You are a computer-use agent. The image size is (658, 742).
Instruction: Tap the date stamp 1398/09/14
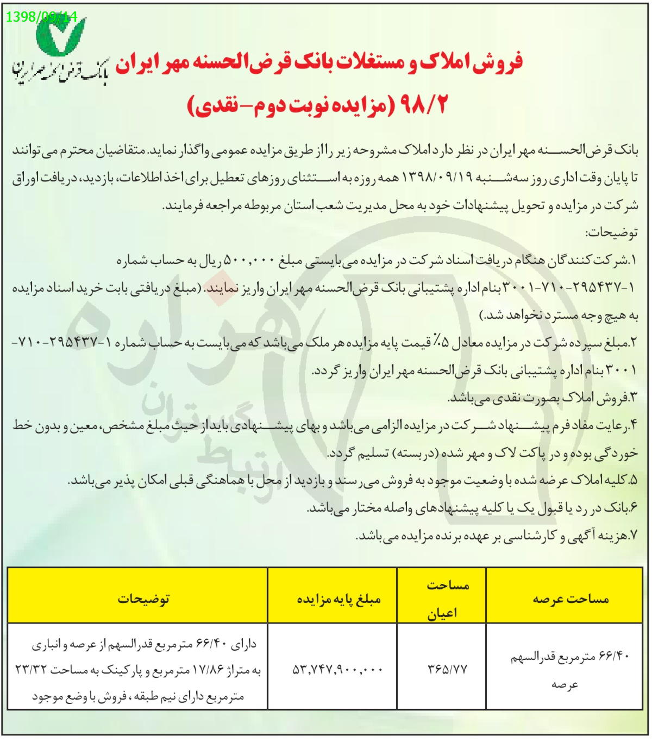42,16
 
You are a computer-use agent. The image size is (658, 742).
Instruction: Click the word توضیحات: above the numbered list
611,233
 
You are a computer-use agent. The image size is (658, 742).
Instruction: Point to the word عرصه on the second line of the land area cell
565,684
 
